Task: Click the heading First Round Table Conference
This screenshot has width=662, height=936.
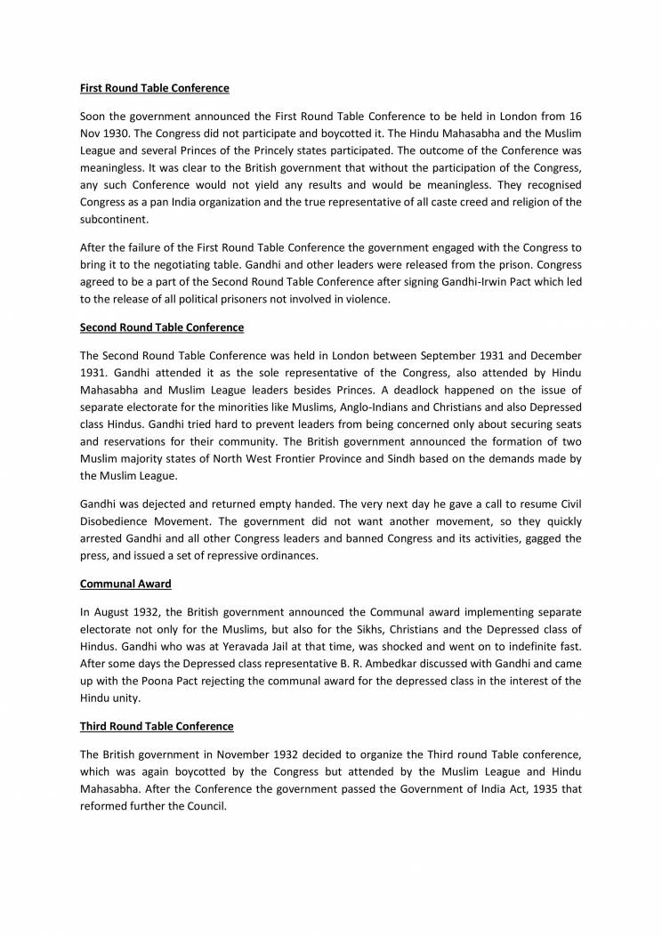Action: tap(154, 89)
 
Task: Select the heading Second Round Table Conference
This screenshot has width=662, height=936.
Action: tap(161, 327)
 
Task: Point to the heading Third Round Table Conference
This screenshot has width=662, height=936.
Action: tap(157, 727)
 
